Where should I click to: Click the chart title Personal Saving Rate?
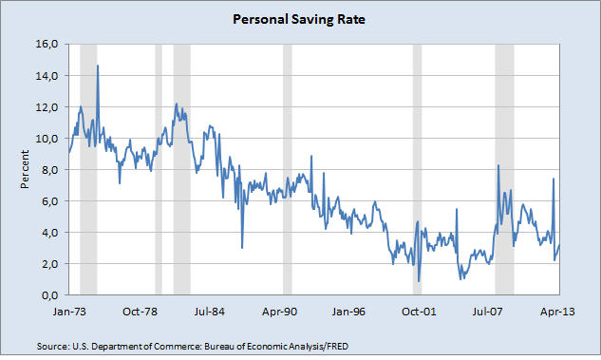[x=299, y=19]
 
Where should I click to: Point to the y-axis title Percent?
[x=25, y=169]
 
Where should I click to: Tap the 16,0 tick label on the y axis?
[x=47, y=44]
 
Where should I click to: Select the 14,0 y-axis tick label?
[x=47, y=76]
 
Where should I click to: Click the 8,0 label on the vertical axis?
[x=49, y=169]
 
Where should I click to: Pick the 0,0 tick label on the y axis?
[x=49, y=295]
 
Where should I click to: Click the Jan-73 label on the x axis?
[x=69, y=312]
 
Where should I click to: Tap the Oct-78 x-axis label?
[x=140, y=312]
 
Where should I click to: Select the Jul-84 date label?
[x=209, y=312]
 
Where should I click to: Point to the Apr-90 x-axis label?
[x=279, y=312]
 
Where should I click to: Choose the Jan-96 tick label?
[x=348, y=312]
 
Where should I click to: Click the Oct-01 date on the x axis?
[x=419, y=312]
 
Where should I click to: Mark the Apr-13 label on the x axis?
[x=557, y=312]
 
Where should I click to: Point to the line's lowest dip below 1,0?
[x=419, y=282]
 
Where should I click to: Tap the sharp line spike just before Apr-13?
[x=554, y=179]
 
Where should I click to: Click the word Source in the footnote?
[x=52, y=347]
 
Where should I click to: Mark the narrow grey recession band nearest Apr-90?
[x=288, y=169]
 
